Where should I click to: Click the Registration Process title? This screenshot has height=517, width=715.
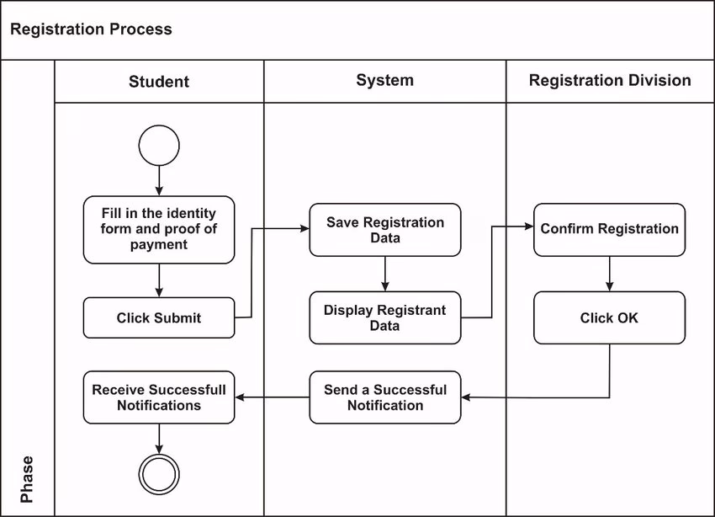coord(91,29)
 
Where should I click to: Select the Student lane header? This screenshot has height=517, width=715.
coord(159,82)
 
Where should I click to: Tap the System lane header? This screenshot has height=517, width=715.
coord(384,81)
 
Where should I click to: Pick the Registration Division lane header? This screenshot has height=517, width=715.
coord(610,81)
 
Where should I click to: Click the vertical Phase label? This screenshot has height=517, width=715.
coord(27,479)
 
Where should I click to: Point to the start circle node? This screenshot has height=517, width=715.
coord(159,145)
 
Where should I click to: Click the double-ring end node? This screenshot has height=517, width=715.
coord(159,474)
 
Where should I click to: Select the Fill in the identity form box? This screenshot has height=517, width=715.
coord(159,229)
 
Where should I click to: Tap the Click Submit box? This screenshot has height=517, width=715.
coord(159,317)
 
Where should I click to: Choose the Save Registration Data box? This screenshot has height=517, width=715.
coord(384,230)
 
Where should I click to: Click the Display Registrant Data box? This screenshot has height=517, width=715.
coord(384,317)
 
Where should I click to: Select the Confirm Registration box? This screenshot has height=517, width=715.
coord(609,229)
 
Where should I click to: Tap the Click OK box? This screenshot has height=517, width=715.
coord(609,317)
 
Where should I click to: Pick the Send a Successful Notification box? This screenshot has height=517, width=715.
coord(384,397)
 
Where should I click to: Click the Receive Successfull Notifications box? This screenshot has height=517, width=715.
coord(159,397)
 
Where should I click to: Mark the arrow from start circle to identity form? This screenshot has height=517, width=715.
coord(159,180)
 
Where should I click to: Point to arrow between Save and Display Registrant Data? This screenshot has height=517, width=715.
coord(384,274)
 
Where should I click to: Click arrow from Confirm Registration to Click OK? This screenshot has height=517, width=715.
coord(609,274)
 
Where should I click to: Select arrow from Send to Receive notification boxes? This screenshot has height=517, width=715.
coord(272,397)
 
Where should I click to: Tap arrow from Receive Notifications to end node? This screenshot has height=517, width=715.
coord(159,438)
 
